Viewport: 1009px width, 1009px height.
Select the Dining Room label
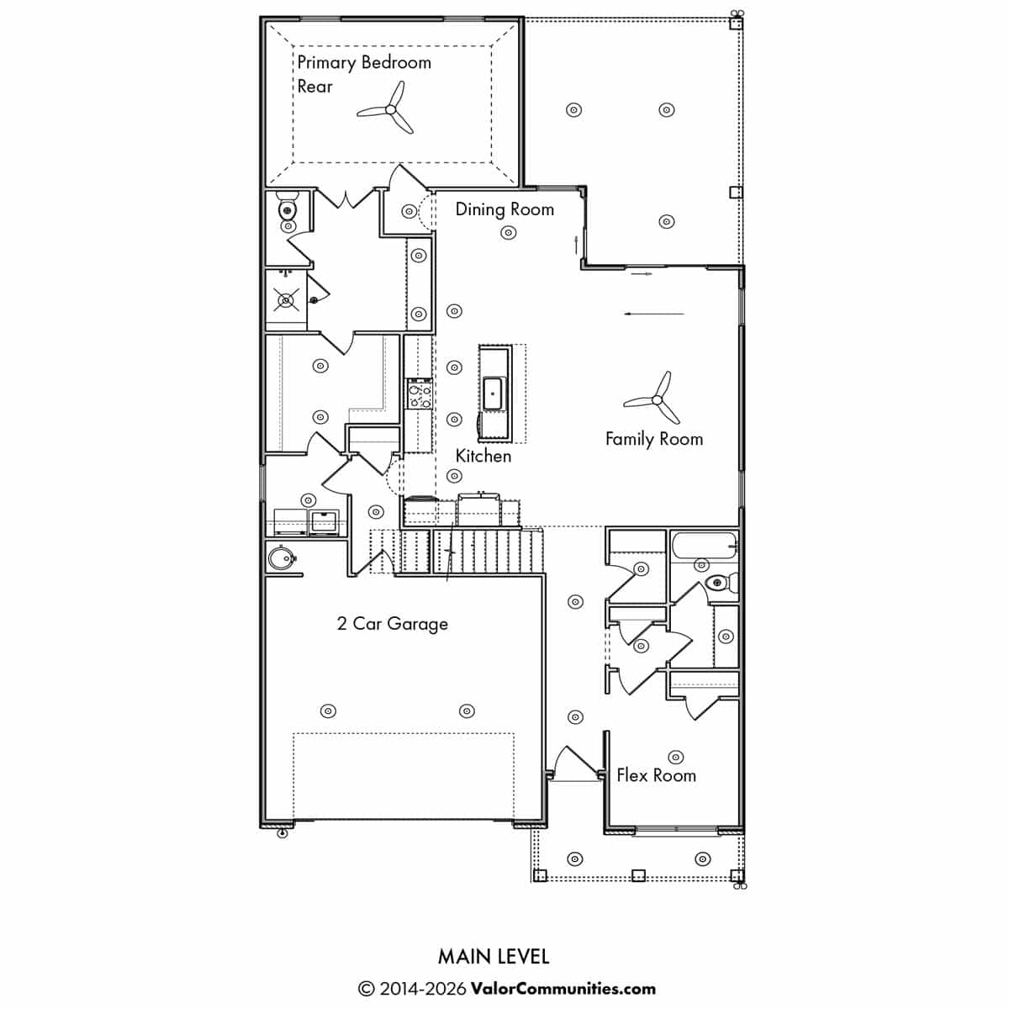tap(504, 209)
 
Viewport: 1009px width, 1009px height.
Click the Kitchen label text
tap(483, 456)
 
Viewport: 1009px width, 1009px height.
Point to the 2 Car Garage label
tap(393, 624)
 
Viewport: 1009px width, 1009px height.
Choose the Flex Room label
tap(656, 775)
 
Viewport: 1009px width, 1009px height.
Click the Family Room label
tap(653, 439)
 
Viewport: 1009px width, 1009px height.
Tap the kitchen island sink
tap(493, 393)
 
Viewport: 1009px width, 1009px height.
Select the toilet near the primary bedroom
tap(288, 209)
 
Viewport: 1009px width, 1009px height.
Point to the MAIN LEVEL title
tap(494, 956)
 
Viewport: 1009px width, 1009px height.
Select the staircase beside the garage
tap(471, 551)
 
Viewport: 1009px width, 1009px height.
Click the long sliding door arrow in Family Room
tap(654, 314)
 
